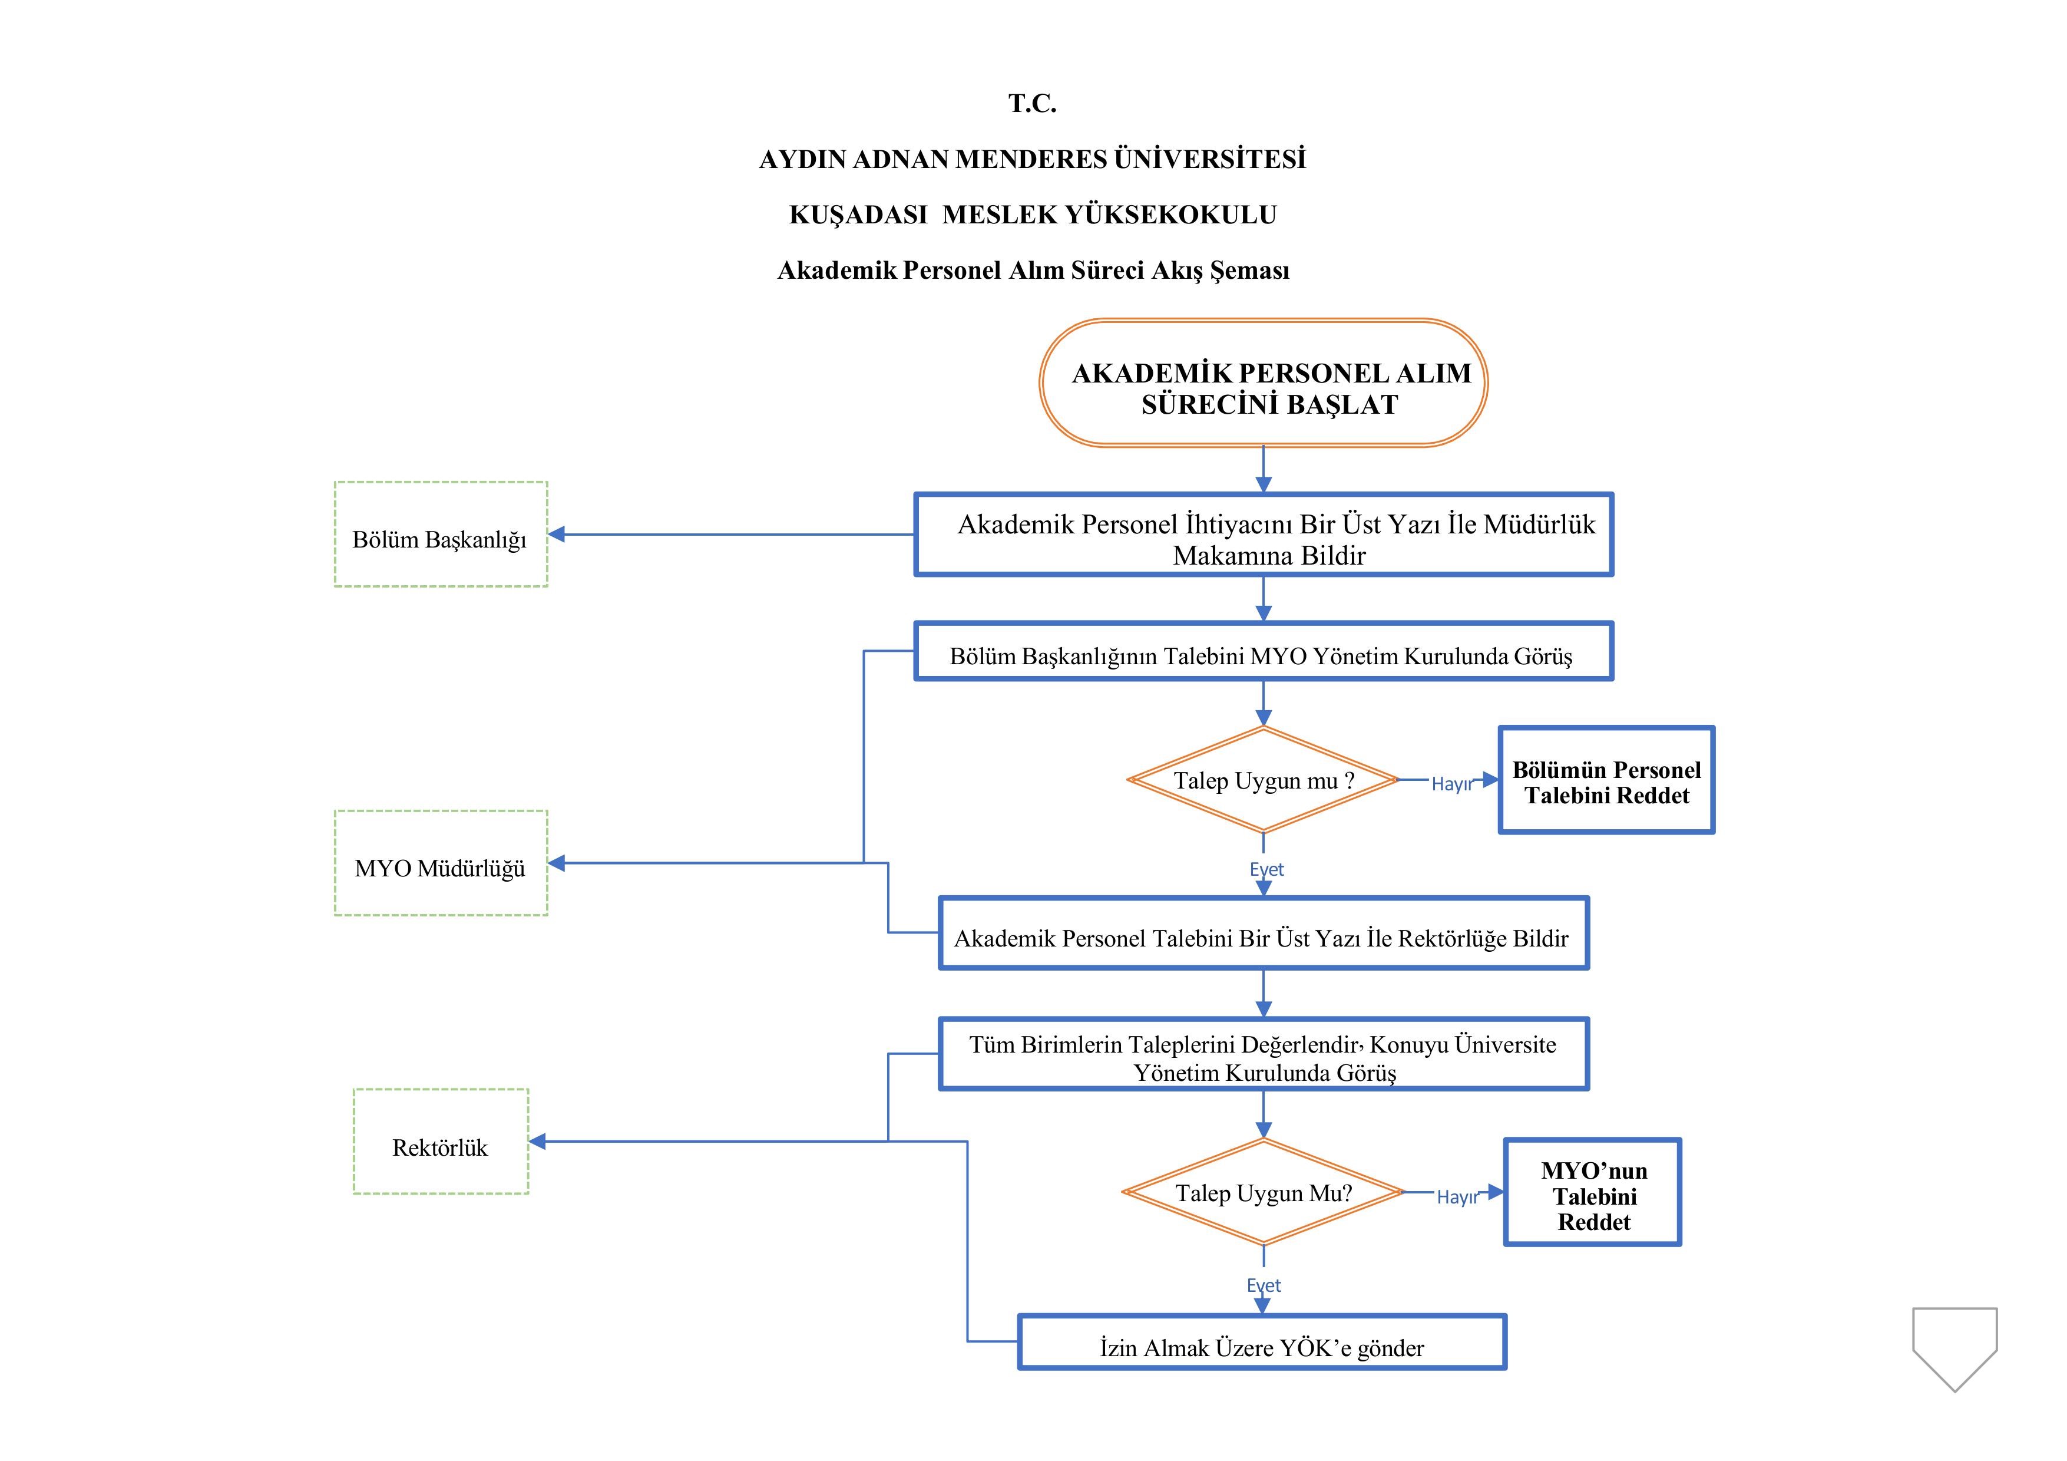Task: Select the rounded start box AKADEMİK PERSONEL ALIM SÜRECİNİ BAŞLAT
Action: (1263, 383)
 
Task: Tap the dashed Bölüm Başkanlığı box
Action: (440, 534)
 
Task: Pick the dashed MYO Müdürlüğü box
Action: (440, 863)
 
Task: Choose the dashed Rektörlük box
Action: (440, 1141)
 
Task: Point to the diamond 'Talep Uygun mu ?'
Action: (1263, 780)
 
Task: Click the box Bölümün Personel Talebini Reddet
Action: (1606, 780)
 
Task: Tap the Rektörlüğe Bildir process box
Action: (1263, 933)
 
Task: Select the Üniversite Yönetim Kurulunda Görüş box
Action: (1263, 1055)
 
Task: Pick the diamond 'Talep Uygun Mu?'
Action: (1263, 1193)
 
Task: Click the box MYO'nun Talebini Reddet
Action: (1593, 1193)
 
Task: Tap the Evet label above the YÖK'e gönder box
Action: (1263, 1285)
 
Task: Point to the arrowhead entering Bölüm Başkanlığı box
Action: (557, 534)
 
